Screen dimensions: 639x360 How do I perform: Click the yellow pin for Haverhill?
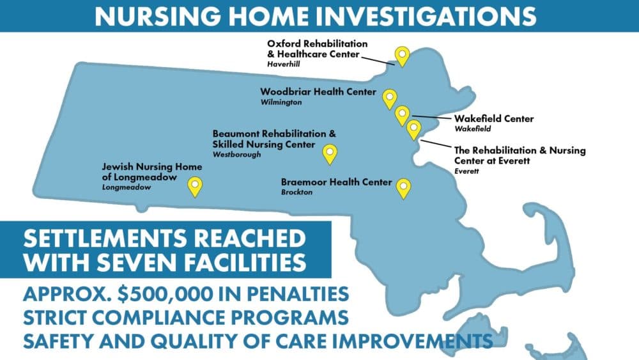(402, 56)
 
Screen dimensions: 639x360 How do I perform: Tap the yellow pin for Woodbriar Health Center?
(390, 99)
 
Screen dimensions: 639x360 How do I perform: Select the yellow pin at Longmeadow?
(195, 187)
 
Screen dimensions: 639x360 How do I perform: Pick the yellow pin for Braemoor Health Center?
(403, 189)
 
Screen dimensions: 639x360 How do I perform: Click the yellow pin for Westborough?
(330, 154)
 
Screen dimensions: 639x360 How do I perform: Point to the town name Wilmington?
(281, 102)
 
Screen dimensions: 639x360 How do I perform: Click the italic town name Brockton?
(296, 192)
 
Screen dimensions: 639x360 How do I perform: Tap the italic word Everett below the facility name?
(466, 171)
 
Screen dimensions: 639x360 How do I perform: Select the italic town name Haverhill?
(284, 64)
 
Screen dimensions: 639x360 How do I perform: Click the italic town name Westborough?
(237, 155)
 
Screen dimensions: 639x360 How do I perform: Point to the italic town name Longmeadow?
(127, 187)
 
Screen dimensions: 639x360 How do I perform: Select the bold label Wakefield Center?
(494, 119)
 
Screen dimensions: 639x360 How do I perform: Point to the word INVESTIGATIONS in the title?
(426, 17)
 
